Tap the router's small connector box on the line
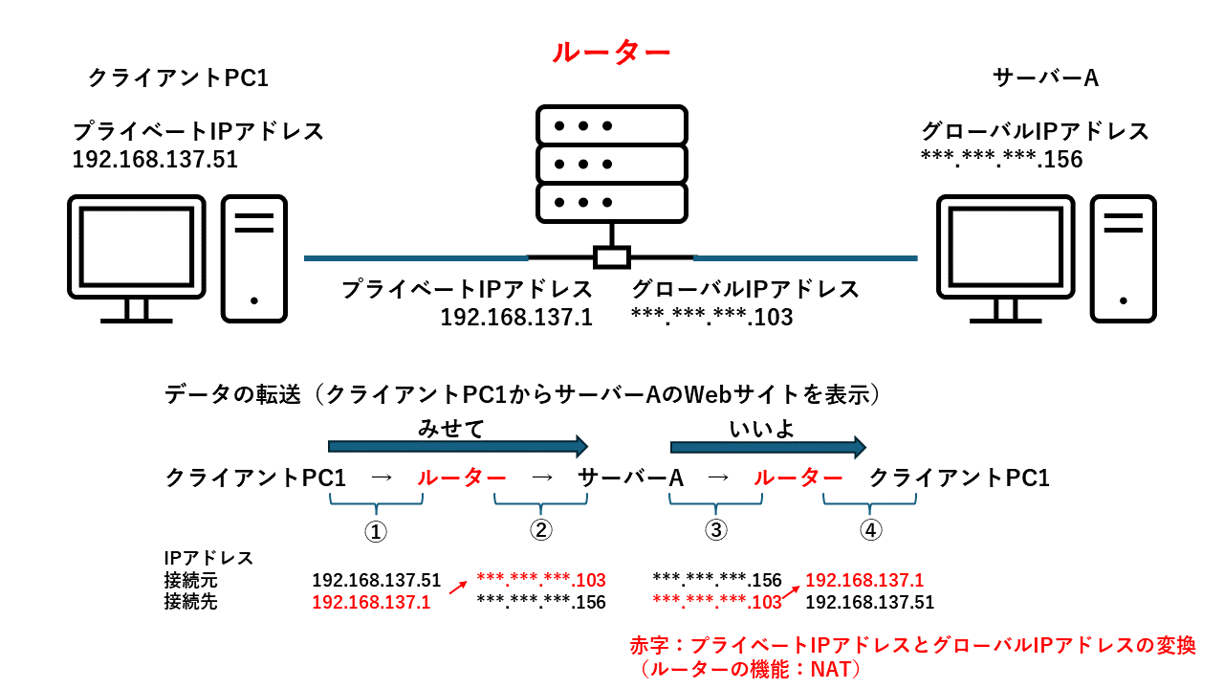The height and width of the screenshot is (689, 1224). pos(611,256)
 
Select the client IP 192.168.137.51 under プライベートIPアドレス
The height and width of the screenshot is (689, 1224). pos(155,159)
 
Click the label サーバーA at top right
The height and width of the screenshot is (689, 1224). pos(1045,78)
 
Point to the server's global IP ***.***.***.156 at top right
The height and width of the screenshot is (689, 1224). pos(1001,159)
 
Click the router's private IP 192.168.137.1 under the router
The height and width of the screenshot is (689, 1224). pos(516,317)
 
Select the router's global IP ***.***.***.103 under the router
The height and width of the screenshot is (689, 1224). pos(711,317)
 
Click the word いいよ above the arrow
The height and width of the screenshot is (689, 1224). pos(762,429)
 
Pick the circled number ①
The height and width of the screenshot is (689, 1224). pos(377,531)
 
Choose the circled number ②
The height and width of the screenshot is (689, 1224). pos(540,531)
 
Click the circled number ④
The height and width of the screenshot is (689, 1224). pos(869,531)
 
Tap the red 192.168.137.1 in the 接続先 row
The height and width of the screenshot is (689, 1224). pos(371,602)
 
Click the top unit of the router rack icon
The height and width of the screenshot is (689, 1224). pos(611,124)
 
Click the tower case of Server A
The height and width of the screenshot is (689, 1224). pos(1124,258)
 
